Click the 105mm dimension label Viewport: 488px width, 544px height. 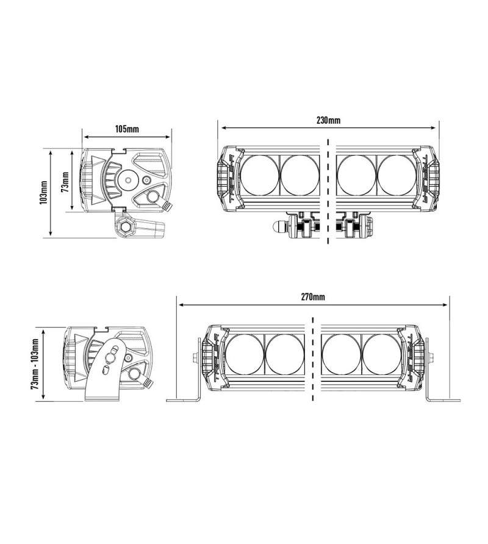pyautogui.click(x=127, y=129)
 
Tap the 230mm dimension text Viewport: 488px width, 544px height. pyautogui.click(x=328, y=120)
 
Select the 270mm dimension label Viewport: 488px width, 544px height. pyautogui.click(x=313, y=297)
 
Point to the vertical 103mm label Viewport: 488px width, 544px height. pyautogui.click(x=43, y=192)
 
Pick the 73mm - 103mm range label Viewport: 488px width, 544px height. pyautogui.click(x=34, y=364)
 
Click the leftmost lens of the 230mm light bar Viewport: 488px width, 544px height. pyautogui.click(x=260, y=174)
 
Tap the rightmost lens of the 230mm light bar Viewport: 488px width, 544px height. pyautogui.click(x=396, y=174)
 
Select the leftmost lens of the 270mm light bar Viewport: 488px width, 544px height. pyautogui.click(x=245, y=354)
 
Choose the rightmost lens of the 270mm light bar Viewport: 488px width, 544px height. pyautogui.click(x=381, y=354)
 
